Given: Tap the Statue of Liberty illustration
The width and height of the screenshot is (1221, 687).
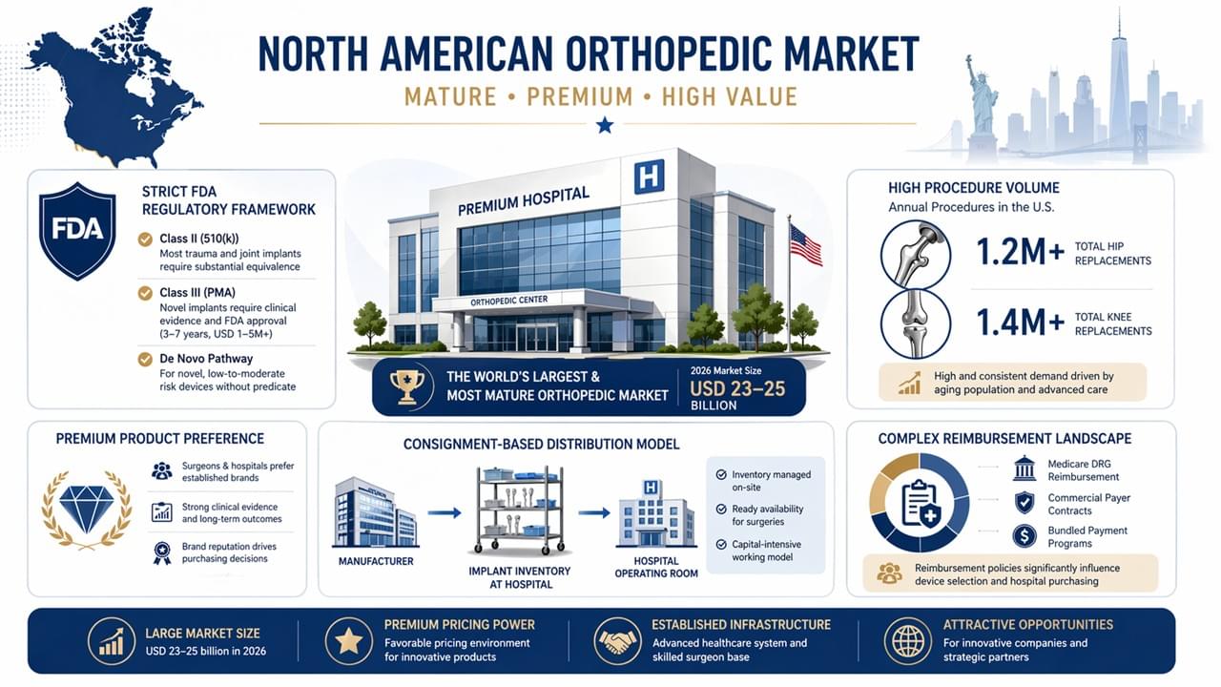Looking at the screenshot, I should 980,105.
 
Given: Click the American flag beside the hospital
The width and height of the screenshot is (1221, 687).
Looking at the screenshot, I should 805,245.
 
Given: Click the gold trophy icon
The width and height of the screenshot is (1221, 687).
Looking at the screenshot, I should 407,385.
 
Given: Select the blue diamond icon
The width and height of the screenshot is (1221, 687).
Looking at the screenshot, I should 87,508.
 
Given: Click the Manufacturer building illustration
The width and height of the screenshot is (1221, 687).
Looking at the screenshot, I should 375,512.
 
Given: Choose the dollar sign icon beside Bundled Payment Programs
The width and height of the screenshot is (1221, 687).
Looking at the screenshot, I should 1024,536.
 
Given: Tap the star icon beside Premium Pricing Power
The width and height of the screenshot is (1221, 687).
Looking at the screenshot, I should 347,640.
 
